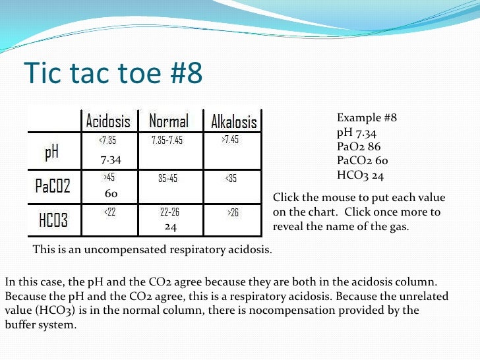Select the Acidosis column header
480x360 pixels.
pos(108,121)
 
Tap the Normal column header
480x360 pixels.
pos(169,121)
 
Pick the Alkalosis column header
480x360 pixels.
pos(233,122)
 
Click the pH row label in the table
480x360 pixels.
pos(51,153)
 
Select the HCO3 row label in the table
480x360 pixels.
pos(53,220)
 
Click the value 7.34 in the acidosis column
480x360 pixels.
pos(110,160)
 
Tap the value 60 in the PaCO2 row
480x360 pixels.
pos(111,194)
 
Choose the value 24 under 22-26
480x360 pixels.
pos(170,226)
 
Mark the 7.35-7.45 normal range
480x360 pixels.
pos(167,140)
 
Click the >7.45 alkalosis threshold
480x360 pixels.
pos(230,140)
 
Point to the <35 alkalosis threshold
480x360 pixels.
pos(231,178)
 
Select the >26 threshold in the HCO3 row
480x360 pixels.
pos(233,213)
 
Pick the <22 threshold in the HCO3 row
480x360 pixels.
pos(109,212)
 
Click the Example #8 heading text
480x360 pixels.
pos(367,118)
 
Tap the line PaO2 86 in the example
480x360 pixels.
pos(358,147)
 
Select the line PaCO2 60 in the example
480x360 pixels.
pos(362,162)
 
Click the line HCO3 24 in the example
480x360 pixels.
pos(360,176)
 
